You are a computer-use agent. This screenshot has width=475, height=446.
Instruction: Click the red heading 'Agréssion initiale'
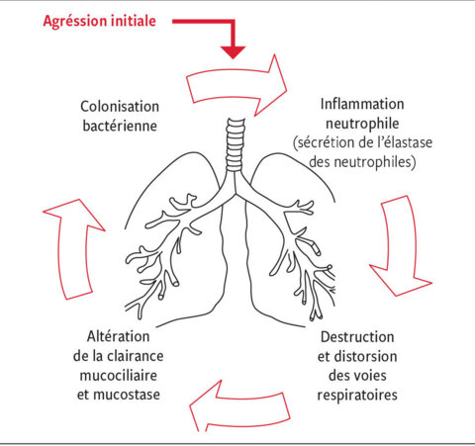(99, 22)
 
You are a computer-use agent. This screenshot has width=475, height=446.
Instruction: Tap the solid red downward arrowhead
(234, 52)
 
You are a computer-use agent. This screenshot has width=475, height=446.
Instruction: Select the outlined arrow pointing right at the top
(237, 86)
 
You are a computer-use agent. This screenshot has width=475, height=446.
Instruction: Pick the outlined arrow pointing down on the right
(400, 245)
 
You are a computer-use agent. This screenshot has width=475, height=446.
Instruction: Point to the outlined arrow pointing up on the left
(73, 249)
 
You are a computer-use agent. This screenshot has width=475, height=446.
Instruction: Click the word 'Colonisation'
(120, 107)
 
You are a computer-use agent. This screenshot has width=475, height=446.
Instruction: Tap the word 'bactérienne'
(120, 126)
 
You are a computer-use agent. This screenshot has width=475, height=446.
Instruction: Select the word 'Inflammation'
(362, 105)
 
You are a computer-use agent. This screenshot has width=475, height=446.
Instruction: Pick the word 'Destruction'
(357, 337)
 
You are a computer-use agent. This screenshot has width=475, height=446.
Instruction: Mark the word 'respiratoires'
(357, 396)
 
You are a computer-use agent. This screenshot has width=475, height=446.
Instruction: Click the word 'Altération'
(118, 336)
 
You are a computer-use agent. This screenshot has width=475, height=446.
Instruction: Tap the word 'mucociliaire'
(118, 376)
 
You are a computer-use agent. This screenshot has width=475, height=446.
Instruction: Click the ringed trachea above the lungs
(236, 144)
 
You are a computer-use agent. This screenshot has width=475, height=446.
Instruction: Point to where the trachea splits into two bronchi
(236, 194)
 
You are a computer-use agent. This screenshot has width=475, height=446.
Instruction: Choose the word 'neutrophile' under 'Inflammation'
(362, 124)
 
